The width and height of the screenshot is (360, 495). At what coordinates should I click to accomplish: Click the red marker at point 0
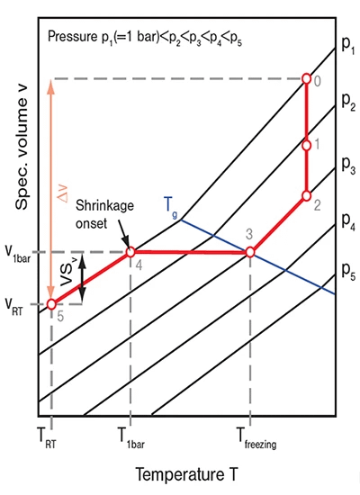tap(306, 78)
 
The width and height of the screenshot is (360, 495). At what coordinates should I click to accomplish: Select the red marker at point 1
tap(306, 144)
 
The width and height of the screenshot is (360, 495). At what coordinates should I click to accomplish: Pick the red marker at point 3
tap(250, 252)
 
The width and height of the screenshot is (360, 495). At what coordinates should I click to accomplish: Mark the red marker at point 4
tap(130, 252)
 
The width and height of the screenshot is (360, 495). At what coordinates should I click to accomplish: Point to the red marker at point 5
tap(51, 304)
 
